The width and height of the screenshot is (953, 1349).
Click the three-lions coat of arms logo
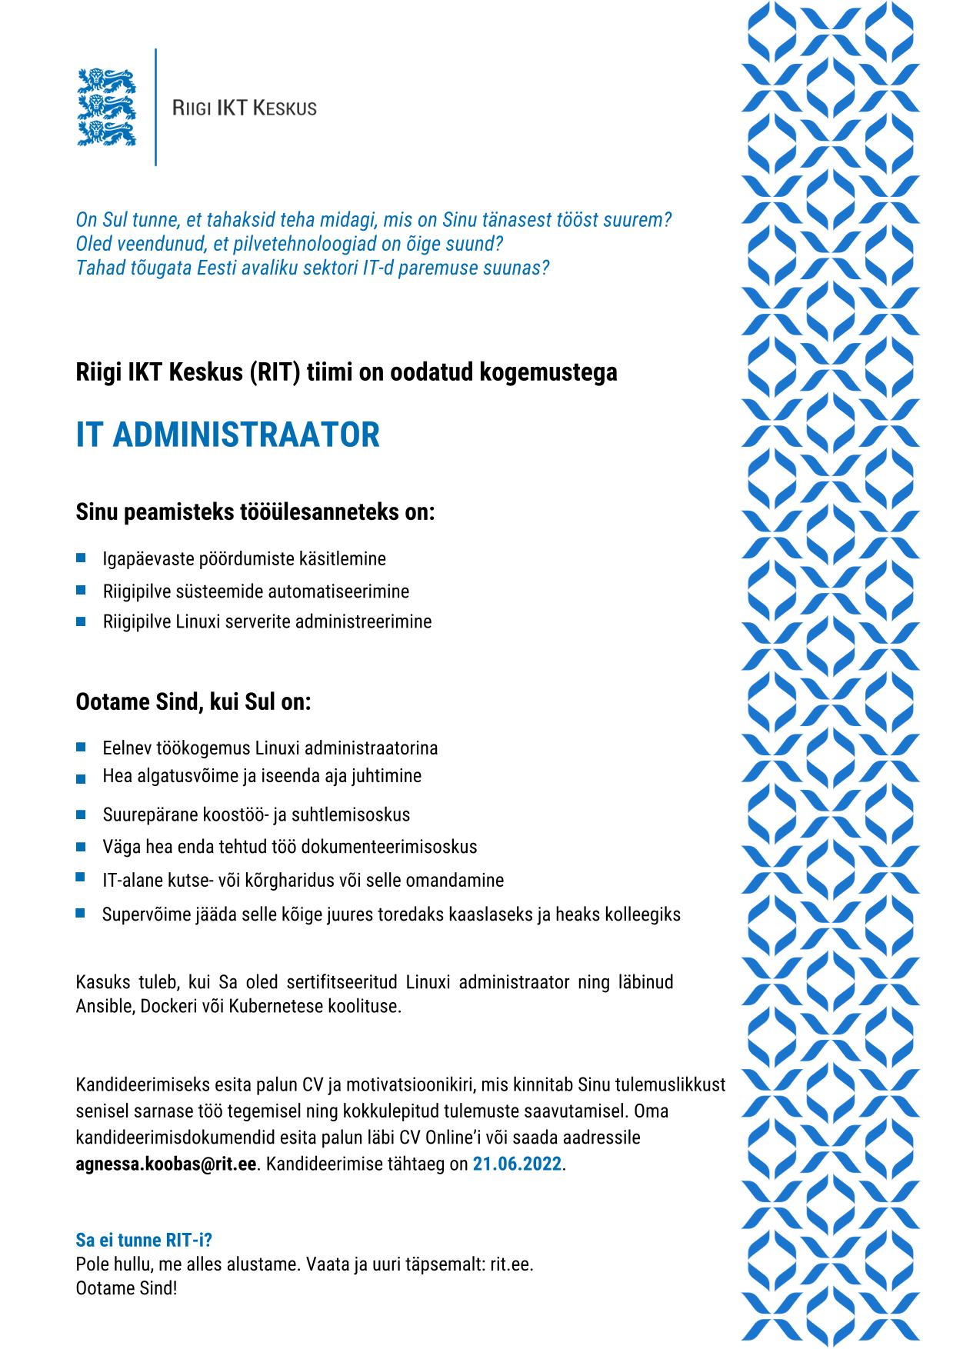pyautogui.click(x=106, y=108)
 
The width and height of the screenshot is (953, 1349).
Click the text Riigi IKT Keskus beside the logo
pyautogui.click(x=245, y=108)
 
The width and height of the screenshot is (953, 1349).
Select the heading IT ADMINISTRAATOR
pyautogui.click(x=228, y=435)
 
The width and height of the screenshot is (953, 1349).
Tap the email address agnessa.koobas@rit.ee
pyautogui.click(x=165, y=1164)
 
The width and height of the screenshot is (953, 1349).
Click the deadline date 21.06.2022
pyautogui.click(x=517, y=1164)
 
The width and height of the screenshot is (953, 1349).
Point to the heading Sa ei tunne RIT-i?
pyautogui.click(x=144, y=1240)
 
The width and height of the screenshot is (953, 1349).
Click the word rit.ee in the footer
pyautogui.click(x=511, y=1264)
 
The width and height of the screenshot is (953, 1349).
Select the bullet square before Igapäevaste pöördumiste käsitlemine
pyautogui.click(x=81, y=558)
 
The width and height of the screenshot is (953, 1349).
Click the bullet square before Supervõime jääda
pyautogui.click(x=81, y=914)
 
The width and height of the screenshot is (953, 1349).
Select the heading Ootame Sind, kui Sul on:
pyautogui.click(x=193, y=702)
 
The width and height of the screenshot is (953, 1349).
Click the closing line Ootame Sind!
pyautogui.click(x=126, y=1288)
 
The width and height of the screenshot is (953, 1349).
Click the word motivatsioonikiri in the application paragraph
pyautogui.click(x=410, y=1085)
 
